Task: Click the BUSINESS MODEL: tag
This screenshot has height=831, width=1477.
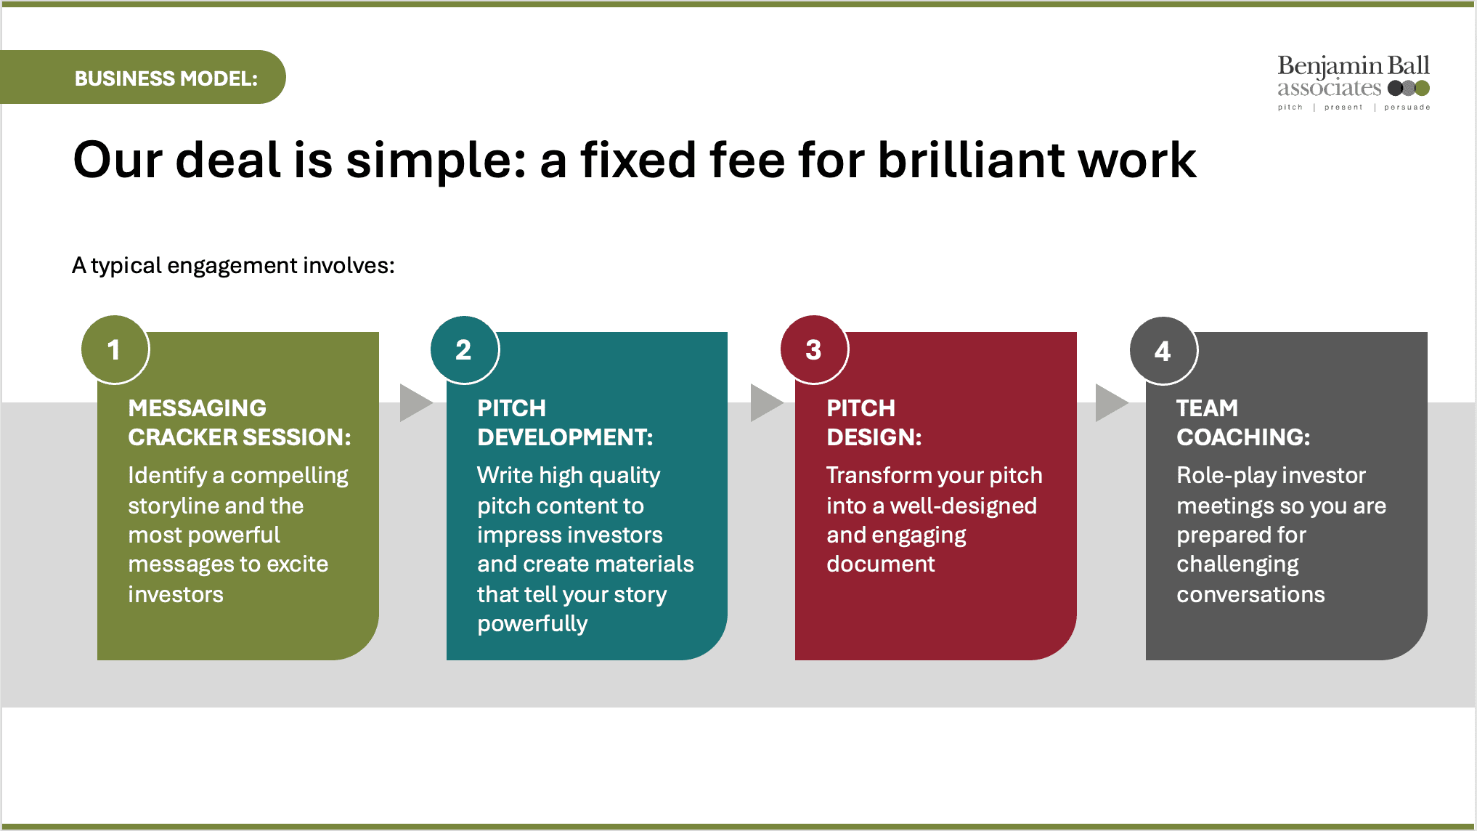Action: pyautogui.click(x=166, y=78)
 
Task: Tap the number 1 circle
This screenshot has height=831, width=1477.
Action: pyautogui.click(x=115, y=350)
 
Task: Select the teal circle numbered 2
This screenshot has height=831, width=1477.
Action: pyautogui.click(x=464, y=350)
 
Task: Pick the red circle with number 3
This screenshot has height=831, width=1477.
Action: pyautogui.click(x=814, y=350)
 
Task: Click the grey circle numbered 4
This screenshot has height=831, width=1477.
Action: pyautogui.click(x=1163, y=351)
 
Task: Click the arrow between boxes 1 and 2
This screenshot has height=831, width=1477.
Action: pyautogui.click(x=414, y=403)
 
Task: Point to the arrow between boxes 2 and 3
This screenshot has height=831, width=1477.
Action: pyautogui.click(x=764, y=403)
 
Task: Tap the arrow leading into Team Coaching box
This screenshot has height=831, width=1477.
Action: pyautogui.click(x=1110, y=403)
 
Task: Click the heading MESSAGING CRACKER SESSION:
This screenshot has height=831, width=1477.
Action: pyautogui.click(x=239, y=423)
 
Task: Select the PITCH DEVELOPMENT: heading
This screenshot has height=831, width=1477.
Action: pyautogui.click(x=564, y=423)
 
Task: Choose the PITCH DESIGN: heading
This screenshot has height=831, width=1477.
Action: pyautogui.click(x=874, y=423)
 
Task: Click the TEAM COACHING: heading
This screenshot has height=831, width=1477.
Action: pyautogui.click(x=1242, y=423)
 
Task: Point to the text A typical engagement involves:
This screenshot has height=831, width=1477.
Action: pyautogui.click(x=233, y=266)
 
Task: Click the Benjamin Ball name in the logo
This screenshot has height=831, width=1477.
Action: pyautogui.click(x=1353, y=66)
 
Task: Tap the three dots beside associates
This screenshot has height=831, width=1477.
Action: pyautogui.click(x=1408, y=89)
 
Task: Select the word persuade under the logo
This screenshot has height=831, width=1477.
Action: pyautogui.click(x=1407, y=108)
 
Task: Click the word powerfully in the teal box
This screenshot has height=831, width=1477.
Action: pyautogui.click(x=532, y=624)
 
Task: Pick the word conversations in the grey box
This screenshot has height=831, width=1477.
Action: pyautogui.click(x=1250, y=594)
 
